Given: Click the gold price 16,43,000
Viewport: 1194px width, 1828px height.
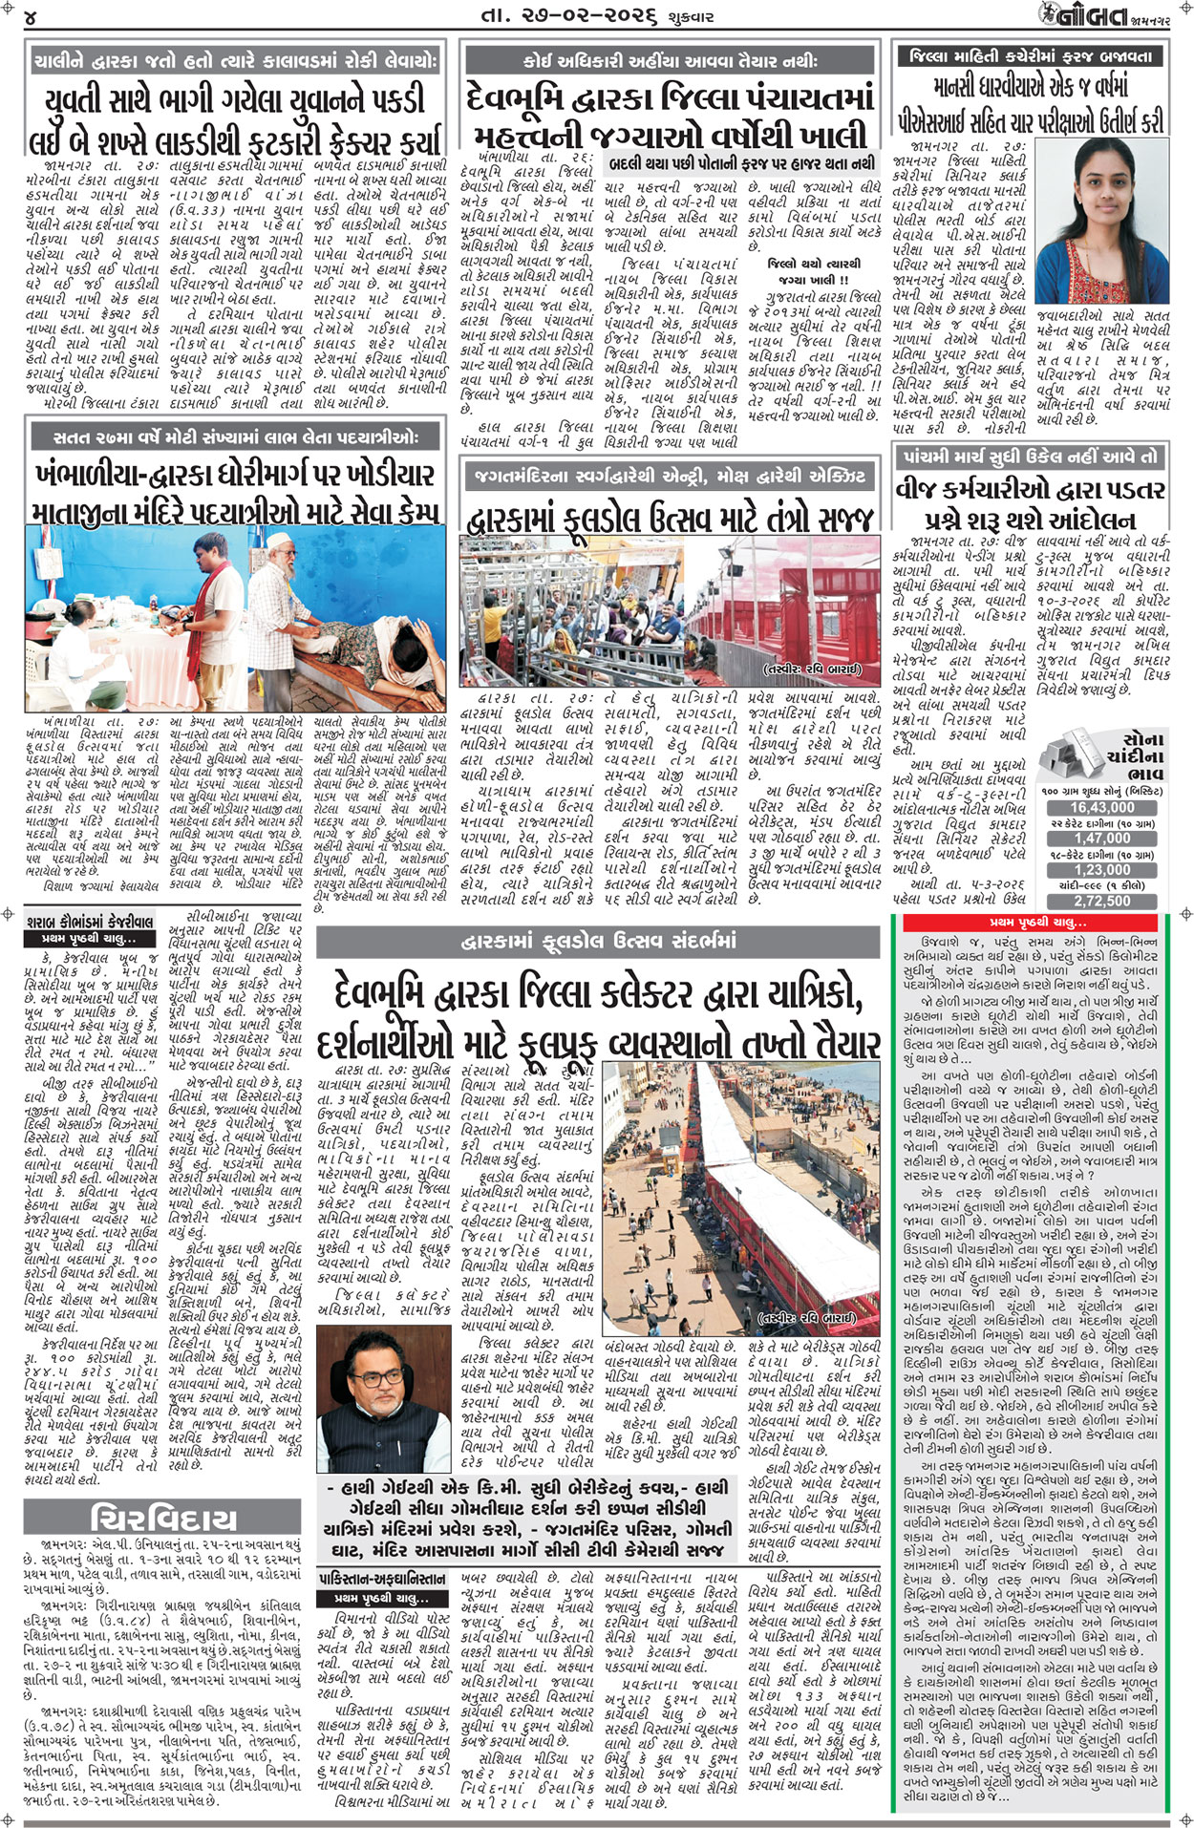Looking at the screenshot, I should click(x=1101, y=807).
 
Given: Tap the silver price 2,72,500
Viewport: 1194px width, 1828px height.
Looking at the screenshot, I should click(x=1101, y=901).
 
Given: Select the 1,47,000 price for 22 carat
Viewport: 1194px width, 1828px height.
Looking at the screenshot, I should click(x=1101, y=839).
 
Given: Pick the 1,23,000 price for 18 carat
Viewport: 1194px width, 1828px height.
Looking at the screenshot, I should click(x=1101, y=869).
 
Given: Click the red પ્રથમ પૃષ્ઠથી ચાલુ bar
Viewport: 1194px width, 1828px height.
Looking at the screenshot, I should click(x=1041, y=923).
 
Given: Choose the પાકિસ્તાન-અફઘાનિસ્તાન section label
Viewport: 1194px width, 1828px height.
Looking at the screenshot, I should click(x=382, y=1577).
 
